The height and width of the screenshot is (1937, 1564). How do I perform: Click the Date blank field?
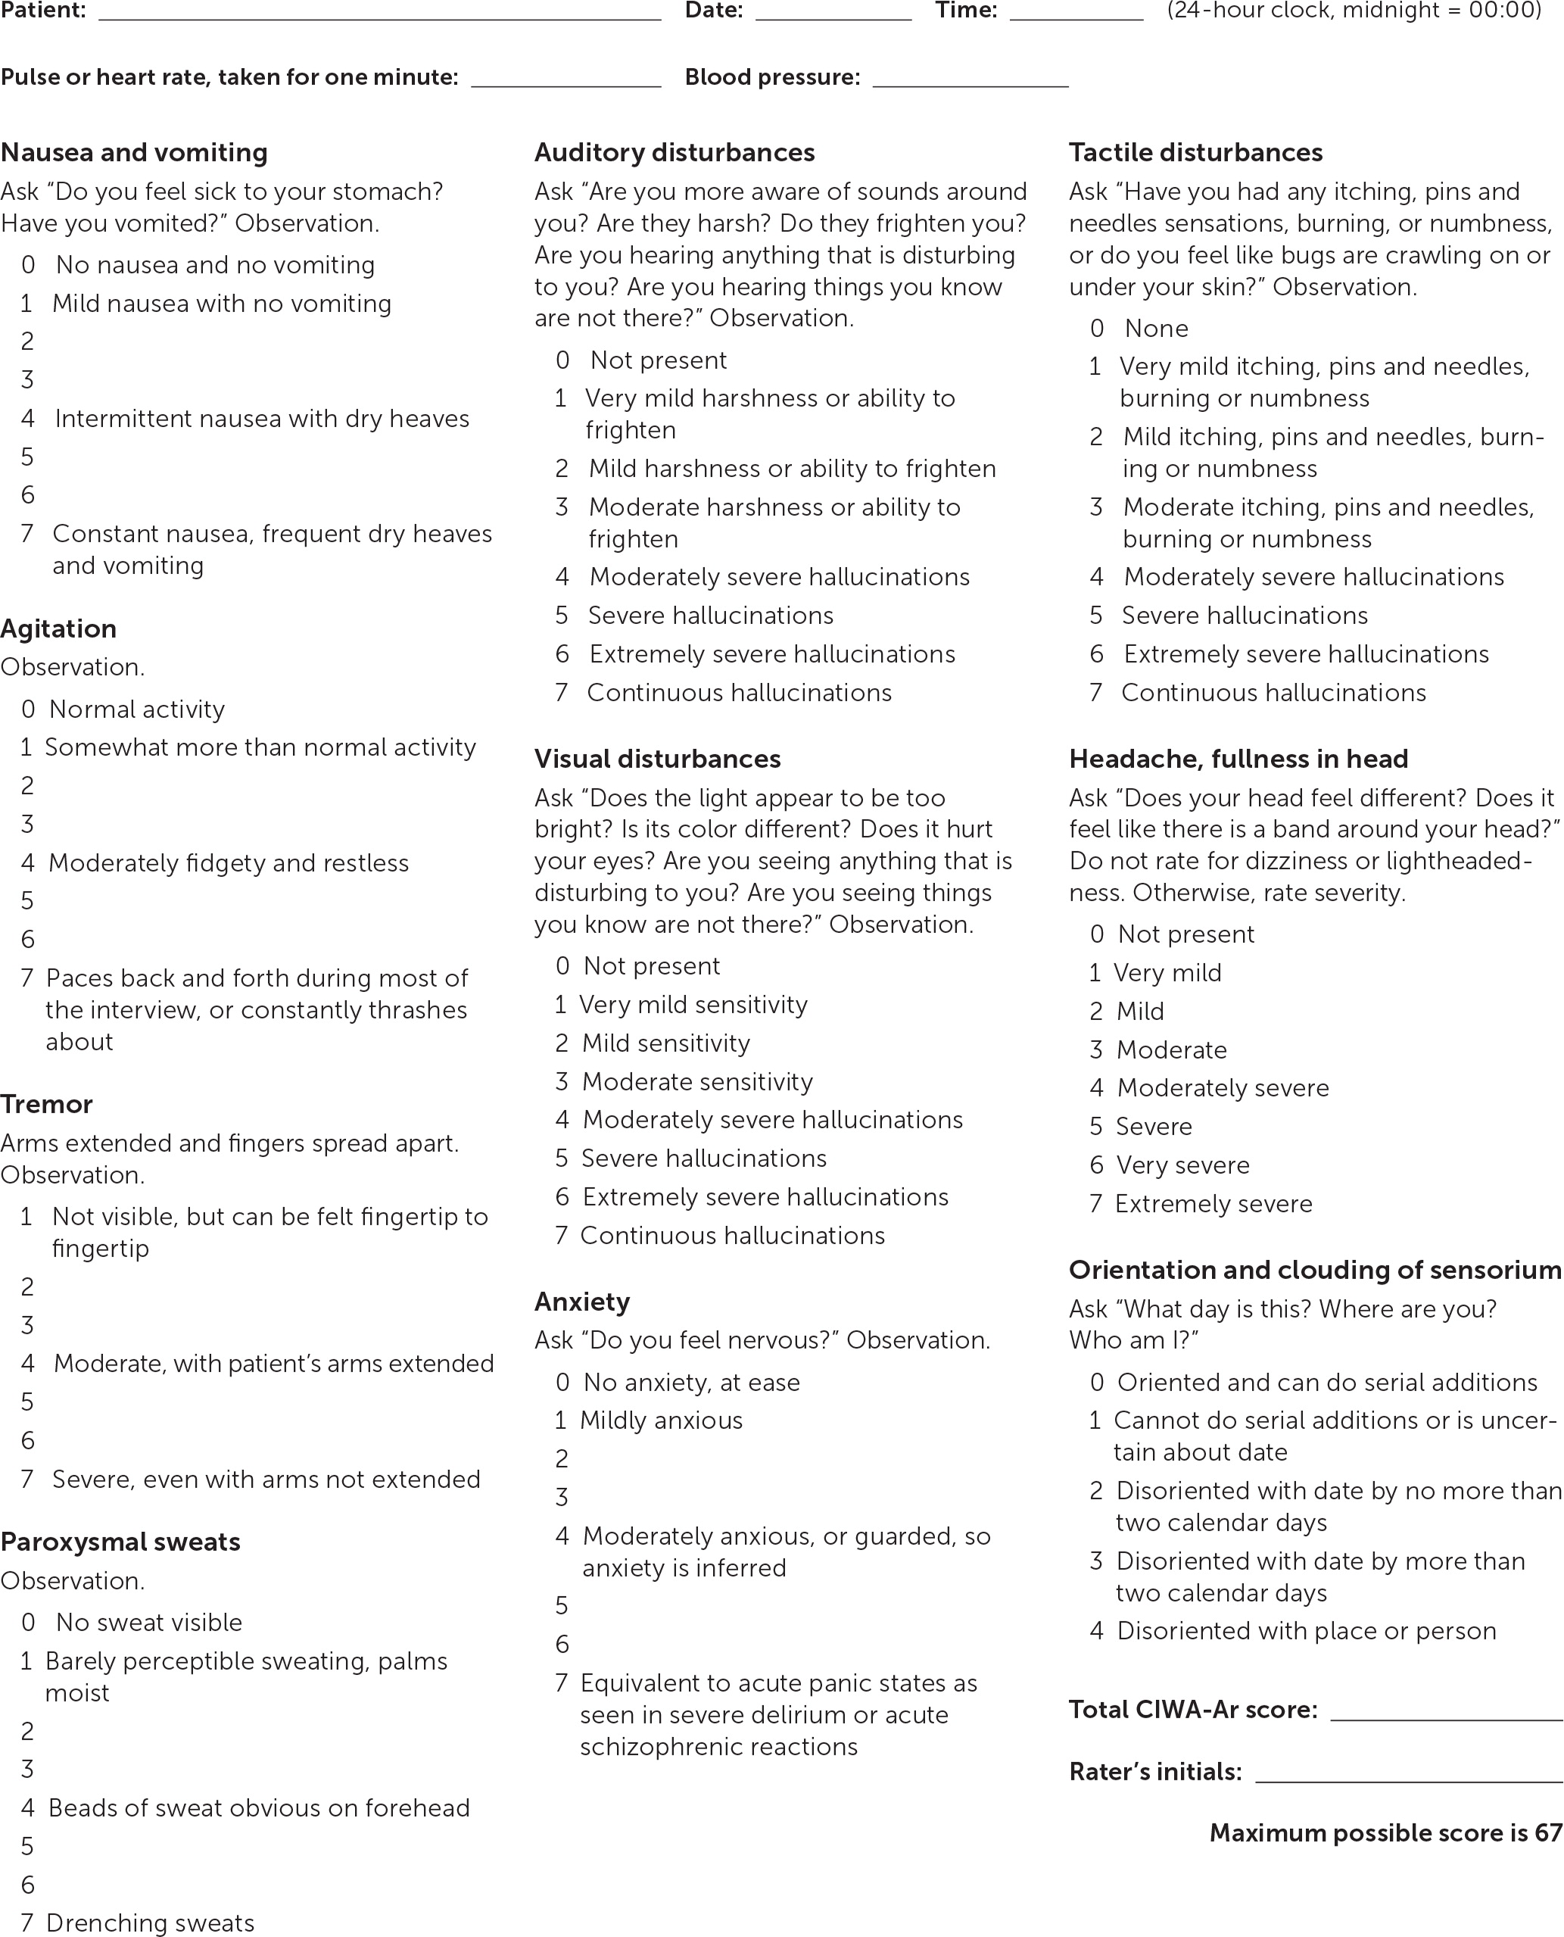[833, 13]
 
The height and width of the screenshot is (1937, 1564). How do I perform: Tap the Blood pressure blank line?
[970, 80]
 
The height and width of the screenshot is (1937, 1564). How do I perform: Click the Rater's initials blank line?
[1408, 1772]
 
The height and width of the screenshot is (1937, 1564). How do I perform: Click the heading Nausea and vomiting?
[134, 152]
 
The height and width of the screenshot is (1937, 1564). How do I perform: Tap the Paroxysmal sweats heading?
[120, 1542]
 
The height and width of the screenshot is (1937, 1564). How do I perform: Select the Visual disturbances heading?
[658, 759]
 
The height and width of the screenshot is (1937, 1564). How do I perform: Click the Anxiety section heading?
[582, 1302]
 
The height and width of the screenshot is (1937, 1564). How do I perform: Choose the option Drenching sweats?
[150, 1923]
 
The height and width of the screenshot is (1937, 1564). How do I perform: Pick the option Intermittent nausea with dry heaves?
[261, 418]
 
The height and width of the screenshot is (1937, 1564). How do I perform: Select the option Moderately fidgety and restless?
[228, 863]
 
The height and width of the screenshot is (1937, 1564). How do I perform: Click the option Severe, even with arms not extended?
[266, 1480]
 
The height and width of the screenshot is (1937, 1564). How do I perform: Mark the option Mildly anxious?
[660, 1421]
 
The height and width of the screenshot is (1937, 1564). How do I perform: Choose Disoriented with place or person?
[1305, 1630]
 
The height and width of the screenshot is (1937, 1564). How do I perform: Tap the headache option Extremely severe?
[1213, 1204]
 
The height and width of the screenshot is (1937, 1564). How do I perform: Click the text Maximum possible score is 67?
[1385, 1833]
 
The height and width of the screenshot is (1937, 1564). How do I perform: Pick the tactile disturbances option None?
[1156, 328]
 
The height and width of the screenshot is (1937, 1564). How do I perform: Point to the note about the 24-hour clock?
[1354, 11]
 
